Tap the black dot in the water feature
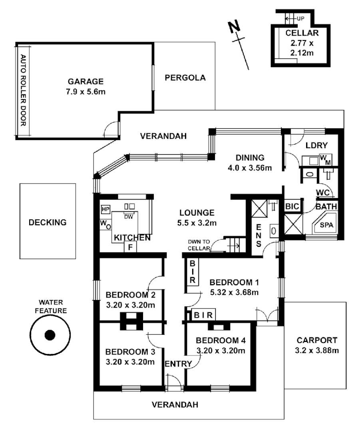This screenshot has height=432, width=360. point(50,335)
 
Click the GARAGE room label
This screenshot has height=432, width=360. point(86,81)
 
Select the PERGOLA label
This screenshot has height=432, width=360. point(185,78)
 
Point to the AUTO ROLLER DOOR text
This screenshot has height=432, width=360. point(24,90)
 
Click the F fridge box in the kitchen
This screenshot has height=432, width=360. point(131,247)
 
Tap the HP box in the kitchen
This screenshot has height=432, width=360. point(106,209)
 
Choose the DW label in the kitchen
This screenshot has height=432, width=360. point(129,217)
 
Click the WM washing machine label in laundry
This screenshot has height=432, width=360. point(326,160)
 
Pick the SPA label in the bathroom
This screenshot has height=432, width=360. point(326,225)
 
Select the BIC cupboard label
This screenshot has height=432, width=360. point(292,206)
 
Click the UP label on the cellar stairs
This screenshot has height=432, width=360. point(300,18)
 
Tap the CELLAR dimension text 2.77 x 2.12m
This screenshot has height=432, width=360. point(302,48)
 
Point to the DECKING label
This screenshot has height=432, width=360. point(48,222)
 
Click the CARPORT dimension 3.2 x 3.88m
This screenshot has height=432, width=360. point(317,350)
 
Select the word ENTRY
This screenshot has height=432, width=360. point(178,364)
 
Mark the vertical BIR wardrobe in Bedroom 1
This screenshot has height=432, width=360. point(192,272)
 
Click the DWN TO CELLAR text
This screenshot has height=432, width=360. point(199,245)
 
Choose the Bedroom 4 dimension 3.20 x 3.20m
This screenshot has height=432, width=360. point(221,350)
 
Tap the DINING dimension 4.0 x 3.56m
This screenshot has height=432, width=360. point(250,168)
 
